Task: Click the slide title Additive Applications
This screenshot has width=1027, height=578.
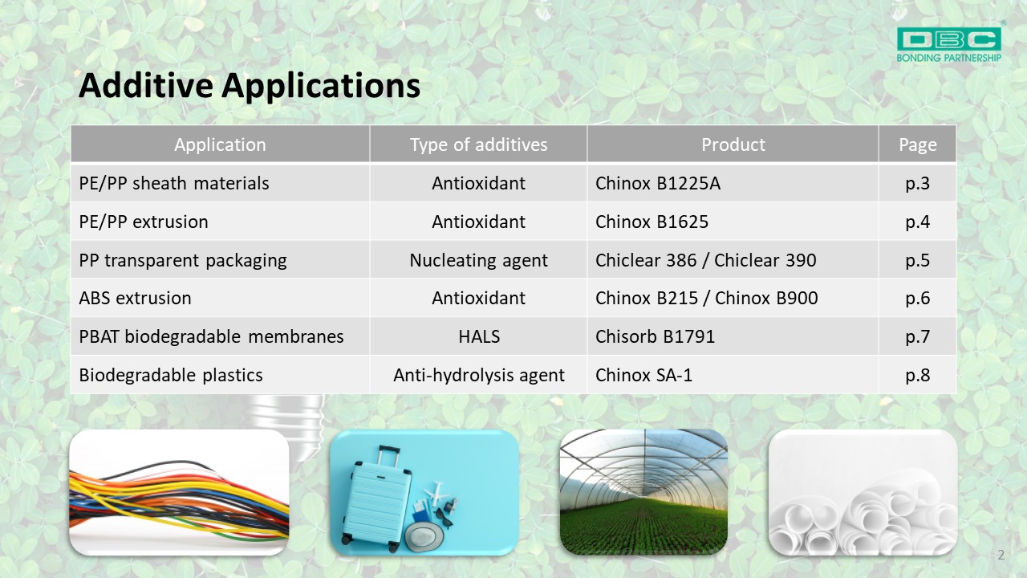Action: click(x=250, y=86)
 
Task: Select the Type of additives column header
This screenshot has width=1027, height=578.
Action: click(x=479, y=144)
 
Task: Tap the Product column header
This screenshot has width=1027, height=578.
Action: click(x=733, y=144)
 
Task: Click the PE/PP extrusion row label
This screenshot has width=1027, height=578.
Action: click(x=144, y=222)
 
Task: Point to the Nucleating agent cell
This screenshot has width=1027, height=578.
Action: click(x=479, y=261)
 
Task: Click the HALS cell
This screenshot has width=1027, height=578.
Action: click(x=479, y=336)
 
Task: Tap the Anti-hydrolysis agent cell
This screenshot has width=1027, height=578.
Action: click(x=479, y=375)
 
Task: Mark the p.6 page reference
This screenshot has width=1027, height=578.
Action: click(x=917, y=299)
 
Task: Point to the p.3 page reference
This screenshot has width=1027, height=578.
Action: click(x=917, y=184)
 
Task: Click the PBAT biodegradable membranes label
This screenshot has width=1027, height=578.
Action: click(x=211, y=336)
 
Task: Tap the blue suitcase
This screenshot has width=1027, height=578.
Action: click(x=377, y=497)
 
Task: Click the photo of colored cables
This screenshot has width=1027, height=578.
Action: click(x=179, y=492)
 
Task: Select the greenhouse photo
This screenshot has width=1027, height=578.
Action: click(x=643, y=492)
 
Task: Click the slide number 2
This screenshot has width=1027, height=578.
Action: click(x=1001, y=555)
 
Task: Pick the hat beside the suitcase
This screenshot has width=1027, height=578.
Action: click(x=425, y=536)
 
